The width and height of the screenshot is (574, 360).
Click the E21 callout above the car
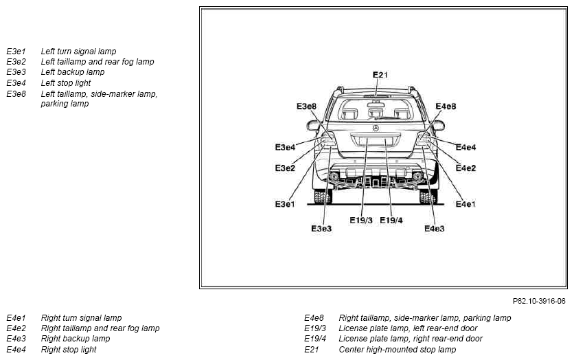pos(380,75)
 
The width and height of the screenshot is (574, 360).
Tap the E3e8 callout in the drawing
pos(306,106)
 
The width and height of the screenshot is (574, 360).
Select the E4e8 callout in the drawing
pos(446,106)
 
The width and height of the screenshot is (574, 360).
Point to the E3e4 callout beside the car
pos(285,147)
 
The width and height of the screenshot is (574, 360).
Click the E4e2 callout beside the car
pos(466,168)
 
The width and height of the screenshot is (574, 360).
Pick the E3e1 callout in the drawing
pos(285,204)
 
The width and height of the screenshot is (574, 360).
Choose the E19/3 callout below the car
pos(361,220)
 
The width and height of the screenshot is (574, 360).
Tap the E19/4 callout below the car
pos(391,220)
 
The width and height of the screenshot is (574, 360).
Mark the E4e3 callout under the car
pos(434,229)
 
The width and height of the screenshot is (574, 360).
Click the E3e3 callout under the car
pos(321,229)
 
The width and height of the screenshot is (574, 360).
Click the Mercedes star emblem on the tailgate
pos(376,128)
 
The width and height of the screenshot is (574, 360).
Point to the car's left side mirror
pos(313,126)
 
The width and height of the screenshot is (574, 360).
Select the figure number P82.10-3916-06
pos(539,301)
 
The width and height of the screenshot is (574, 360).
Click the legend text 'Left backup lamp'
pos(73,72)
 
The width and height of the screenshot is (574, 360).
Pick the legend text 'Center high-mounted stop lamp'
pos(397,350)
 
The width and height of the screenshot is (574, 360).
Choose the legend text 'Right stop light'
pos(69,350)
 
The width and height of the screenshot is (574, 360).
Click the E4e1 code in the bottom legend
pos(16,318)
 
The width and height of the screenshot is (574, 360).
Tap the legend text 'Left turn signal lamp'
pos(78,52)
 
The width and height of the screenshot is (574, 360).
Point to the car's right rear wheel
pos(428,196)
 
